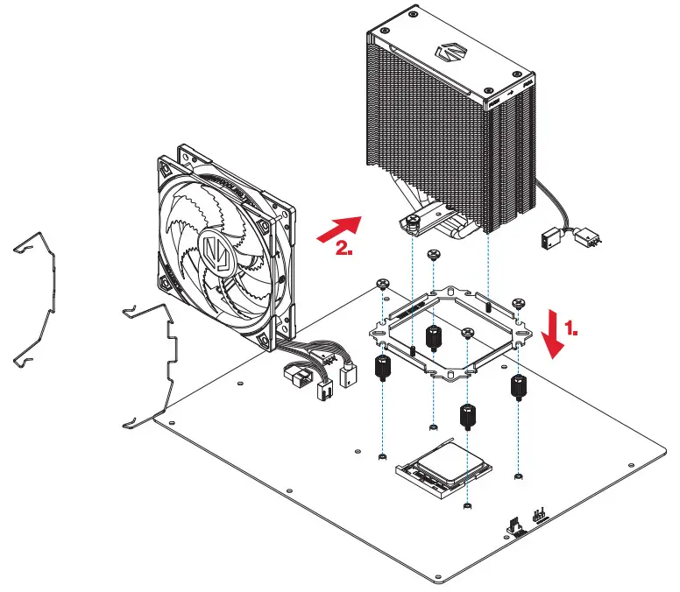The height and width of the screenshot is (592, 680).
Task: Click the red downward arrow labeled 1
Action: tap(552, 333)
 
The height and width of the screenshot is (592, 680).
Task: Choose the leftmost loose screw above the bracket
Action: tap(383, 284)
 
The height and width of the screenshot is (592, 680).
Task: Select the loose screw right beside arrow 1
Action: tap(519, 303)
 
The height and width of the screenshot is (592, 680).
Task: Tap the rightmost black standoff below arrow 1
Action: tap(519, 384)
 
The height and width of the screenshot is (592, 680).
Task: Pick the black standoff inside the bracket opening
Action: tap(432, 336)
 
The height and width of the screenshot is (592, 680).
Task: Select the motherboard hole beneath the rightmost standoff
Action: tap(519, 476)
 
